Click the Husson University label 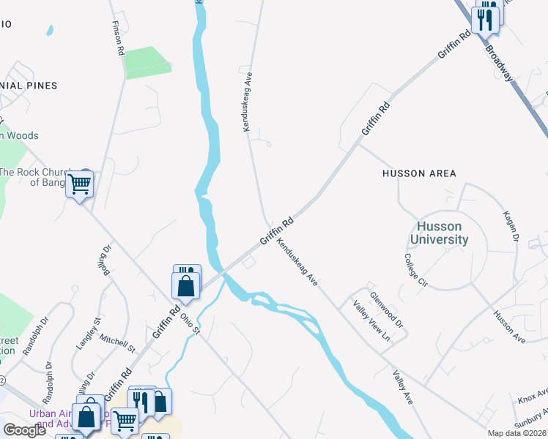(x=439, y=233)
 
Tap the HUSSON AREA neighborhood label (x=419, y=173)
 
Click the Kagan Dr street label (x=511, y=227)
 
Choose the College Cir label (x=415, y=269)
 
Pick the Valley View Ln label (x=371, y=321)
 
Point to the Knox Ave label (x=533, y=397)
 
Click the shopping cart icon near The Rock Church (x=79, y=184)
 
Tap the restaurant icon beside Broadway (x=486, y=18)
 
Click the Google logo (x=25, y=429)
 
